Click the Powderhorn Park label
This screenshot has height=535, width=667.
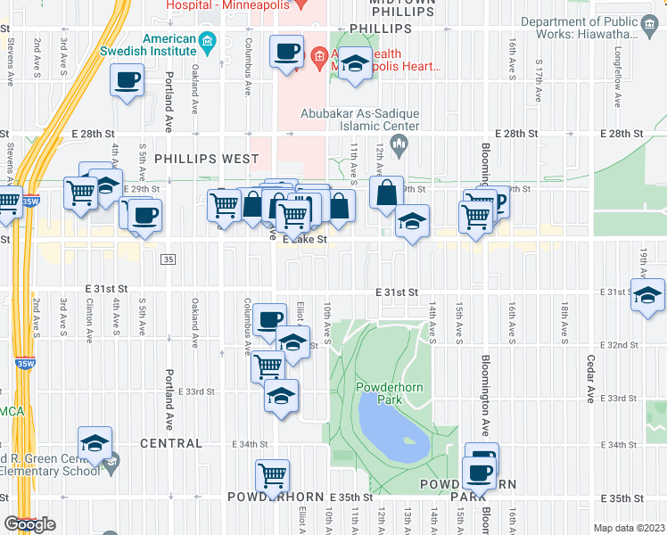380,393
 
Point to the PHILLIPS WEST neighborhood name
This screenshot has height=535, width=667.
206,159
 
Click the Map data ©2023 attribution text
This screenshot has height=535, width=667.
629,528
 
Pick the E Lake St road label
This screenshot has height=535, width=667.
305,239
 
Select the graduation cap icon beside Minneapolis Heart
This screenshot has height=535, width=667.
355,64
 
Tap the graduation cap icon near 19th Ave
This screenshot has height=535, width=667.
647,295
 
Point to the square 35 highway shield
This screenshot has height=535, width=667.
168,259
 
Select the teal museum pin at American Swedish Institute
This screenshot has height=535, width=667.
208,40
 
